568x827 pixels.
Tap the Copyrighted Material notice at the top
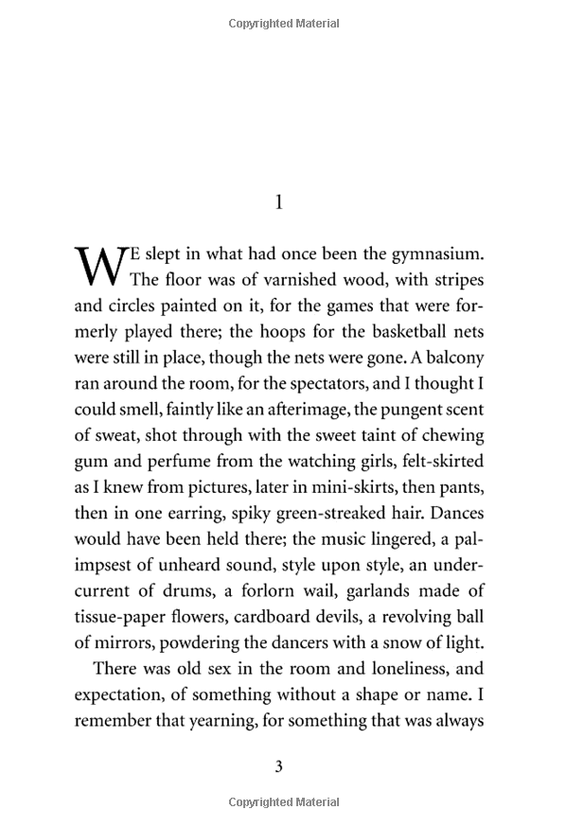283,24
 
